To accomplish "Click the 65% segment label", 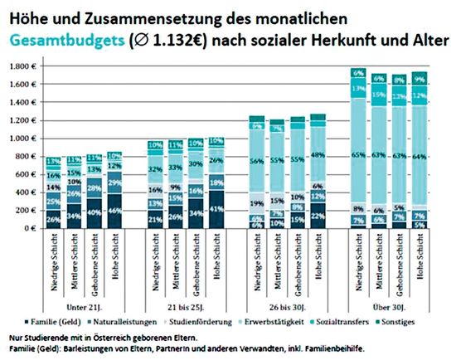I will (x=358, y=154).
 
